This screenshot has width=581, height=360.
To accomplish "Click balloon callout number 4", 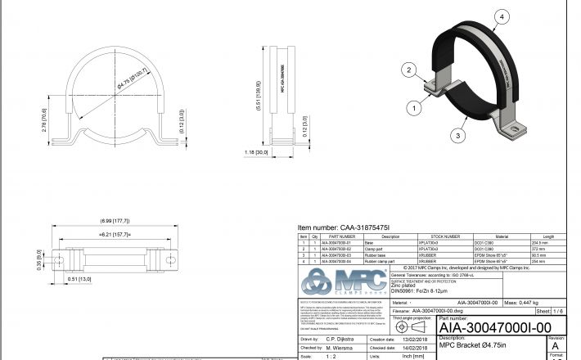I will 502,15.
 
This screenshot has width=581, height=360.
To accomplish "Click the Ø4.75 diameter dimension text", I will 132,79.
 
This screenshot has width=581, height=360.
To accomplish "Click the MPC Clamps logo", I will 343,283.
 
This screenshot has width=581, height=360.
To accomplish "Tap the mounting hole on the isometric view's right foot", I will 517,126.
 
